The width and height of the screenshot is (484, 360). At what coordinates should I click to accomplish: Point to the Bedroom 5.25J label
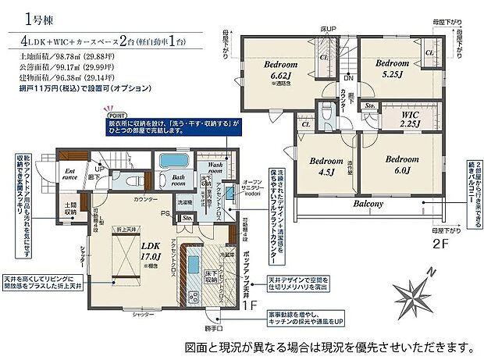click(x=393, y=69)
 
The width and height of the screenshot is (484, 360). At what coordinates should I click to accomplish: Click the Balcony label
click(x=366, y=205)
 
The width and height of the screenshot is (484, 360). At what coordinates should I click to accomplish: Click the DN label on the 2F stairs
click(x=347, y=77)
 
